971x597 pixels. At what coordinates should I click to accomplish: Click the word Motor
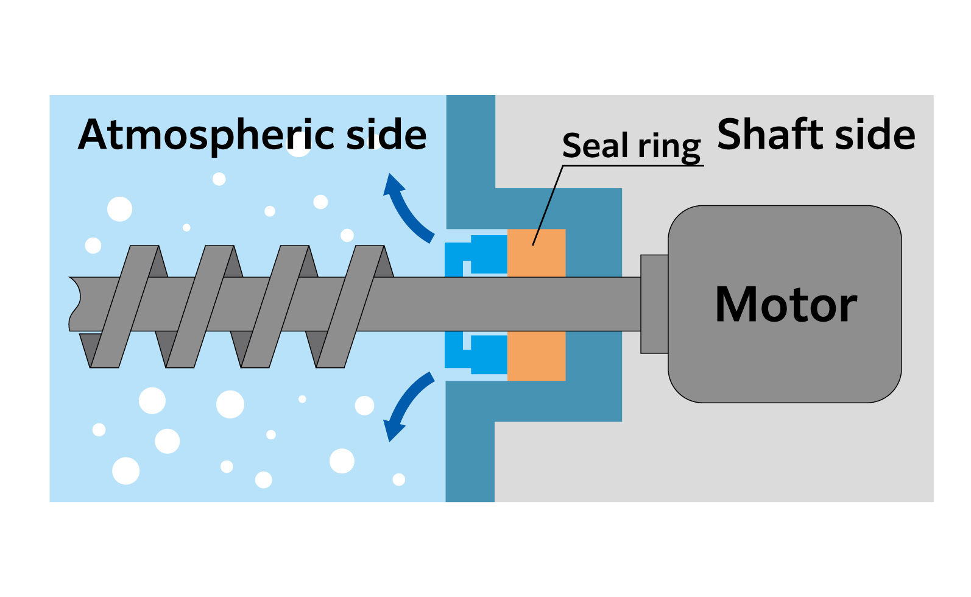[x=786, y=305]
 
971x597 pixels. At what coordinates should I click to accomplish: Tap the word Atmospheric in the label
[x=207, y=135]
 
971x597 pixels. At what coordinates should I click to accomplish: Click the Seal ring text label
[x=631, y=146]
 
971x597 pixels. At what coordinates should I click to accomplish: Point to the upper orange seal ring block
[x=536, y=253]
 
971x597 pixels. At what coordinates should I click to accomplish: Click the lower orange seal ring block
[x=536, y=356]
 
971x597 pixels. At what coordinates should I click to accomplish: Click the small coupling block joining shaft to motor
[x=654, y=304]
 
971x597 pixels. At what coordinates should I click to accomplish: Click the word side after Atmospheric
[x=386, y=135]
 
